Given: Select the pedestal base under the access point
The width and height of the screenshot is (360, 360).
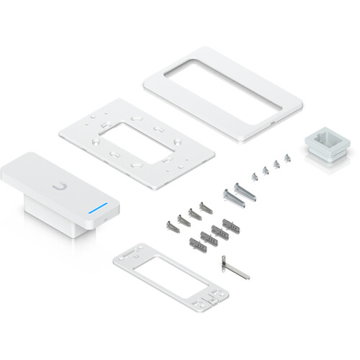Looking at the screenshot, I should pyautogui.click(x=50, y=212).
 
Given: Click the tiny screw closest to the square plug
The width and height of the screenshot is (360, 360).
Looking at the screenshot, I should pyautogui.click(x=287, y=157).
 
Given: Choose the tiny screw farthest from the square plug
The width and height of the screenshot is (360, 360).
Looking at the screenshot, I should pyautogui.click(x=254, y=175).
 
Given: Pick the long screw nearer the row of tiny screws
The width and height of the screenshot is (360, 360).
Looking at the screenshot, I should pyautogui.click(x=243, y=190).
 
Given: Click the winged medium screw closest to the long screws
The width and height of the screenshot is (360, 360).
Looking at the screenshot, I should pyautogui.click(x=206, y=207).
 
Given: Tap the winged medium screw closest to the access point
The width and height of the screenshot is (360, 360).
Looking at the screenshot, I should pyautogui.click(x=171, y=226).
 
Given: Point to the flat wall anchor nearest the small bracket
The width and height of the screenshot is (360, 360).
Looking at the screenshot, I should pyautogui.click(x=197, y=244).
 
